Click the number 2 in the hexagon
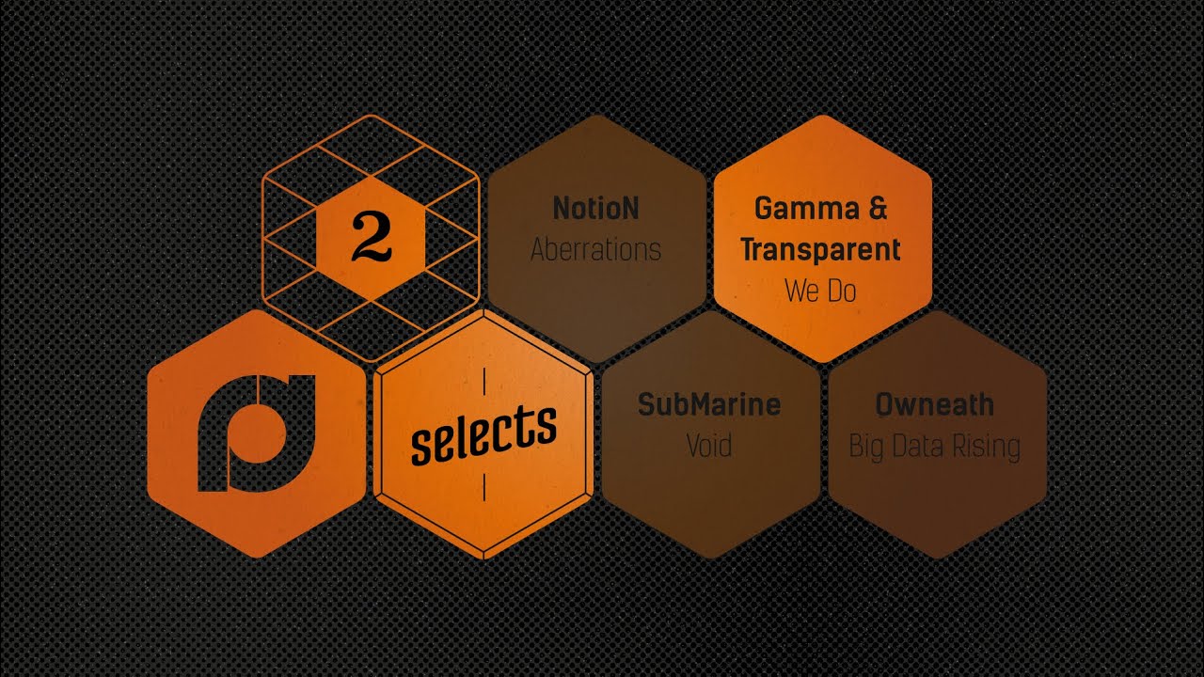372,237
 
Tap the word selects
483,434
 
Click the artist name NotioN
596,208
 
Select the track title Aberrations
595,250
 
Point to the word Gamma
807,209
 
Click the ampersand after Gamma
878,208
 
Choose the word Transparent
820,250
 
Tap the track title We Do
820,291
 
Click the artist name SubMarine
709,404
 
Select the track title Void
709,446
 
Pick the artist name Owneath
935,404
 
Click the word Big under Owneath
866,447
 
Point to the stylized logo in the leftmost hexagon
257,433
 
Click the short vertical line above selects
484,382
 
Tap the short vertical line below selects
484,487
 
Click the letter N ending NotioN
630,208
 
